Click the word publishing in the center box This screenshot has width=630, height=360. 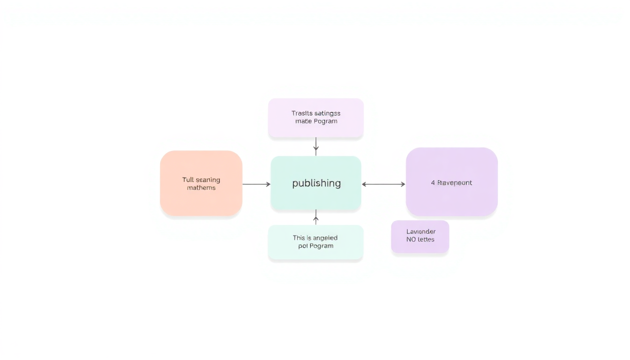(316, 183)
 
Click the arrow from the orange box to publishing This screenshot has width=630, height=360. (256, 184)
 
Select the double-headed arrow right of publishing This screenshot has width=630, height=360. (383, 184)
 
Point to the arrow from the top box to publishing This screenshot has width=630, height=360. (316, 146)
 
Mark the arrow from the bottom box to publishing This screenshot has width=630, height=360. (316, 217)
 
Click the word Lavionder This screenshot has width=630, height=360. (421, 232)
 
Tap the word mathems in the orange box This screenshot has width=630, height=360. (201, 188)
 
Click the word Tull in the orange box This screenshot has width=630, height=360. (187, 180)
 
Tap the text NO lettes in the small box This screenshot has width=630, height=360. (420, 240)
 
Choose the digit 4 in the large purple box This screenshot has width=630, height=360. (433, 183)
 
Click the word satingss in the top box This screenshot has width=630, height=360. (328, 113)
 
